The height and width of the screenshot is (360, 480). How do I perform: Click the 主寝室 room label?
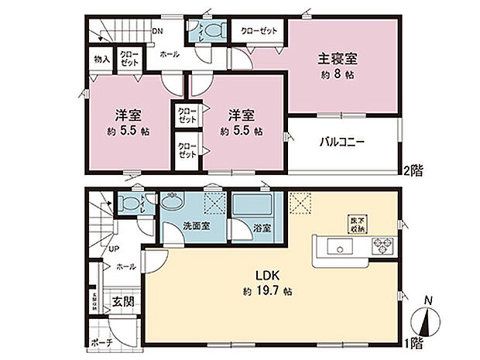coord(338,58)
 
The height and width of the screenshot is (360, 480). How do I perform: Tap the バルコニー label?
coord(341,142)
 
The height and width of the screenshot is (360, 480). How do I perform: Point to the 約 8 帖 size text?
coord(338,76)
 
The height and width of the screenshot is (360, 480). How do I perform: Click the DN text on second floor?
coord(157,32)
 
